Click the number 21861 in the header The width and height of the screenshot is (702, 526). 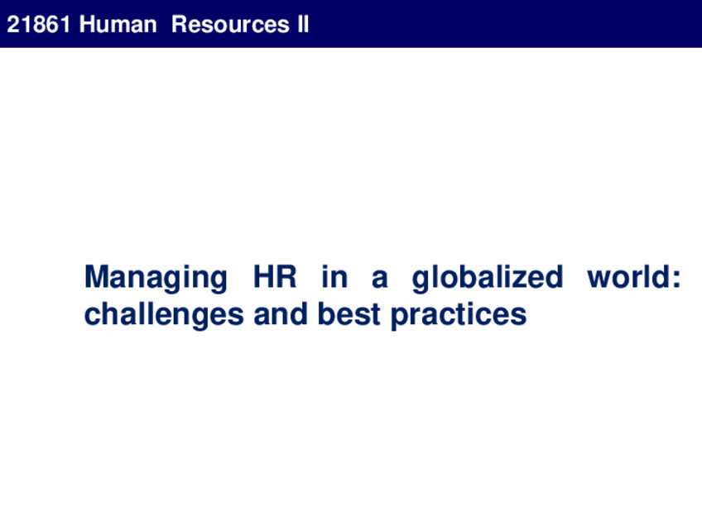pyautogui.click(x=39, y=24)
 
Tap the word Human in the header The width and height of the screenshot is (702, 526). pyautogui.click(x=118, y=24)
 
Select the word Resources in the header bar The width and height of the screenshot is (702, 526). pyautogui.click(x=231, y=24)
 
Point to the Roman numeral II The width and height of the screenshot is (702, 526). pyautogui.click(x=303, y=24)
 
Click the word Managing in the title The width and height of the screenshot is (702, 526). pyautogui.click(x=156, y=278)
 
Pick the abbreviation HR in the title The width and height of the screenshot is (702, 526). pyautogui.click(x=275, y=276)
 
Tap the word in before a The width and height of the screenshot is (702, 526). pyautogui.click(x=334, y=276)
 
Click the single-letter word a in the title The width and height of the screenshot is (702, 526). pyautogui.click(x=380, y=280)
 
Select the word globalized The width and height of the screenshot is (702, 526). pyautogui.click(x=487, y=278)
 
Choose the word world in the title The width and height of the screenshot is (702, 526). pyautogui.click(x=628, y=276)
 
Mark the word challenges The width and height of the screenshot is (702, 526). pyautogui.click(x=164, y=315)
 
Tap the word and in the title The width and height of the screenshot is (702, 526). pyautogui.click(x=281, y=313)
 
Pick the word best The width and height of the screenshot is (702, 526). pyautogui.click(x=349, y=313)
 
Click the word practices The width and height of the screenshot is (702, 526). pyautogui.click(x=459, y=315)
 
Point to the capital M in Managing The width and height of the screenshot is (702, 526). pyautogui.click(x=97, y=276)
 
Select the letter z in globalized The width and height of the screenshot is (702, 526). pyautogui.click(x=518, y=280)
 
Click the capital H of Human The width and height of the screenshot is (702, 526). pyautogui.click(x=87, y=24)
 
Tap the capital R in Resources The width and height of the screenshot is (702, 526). pyautogui.click(x=180, y=24)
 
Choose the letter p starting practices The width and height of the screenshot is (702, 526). pyautogui.click(x=400, y=319)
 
